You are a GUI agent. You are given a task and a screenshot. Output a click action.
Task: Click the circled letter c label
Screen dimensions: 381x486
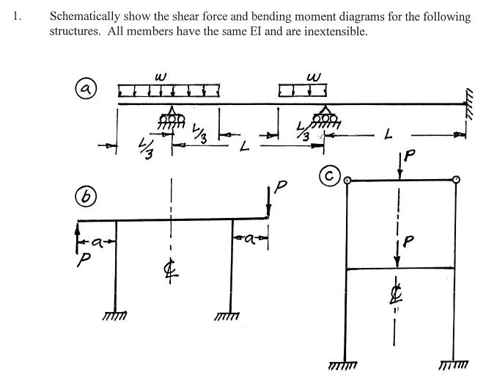tap(330, 176)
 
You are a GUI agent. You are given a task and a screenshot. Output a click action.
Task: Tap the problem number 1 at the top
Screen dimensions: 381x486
tap(16, 17)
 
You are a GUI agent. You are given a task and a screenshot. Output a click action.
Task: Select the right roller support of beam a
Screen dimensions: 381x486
tap(325, 117)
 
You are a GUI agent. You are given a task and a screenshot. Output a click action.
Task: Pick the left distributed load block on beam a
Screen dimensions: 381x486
tap(169, 90)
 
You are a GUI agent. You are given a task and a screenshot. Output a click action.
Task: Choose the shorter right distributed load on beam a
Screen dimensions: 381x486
tap(302, 90)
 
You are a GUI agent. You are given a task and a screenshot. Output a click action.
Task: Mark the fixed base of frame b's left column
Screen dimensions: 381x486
tap(117, 315)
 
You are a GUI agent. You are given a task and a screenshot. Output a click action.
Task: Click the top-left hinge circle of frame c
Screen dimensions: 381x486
tap(348, 179)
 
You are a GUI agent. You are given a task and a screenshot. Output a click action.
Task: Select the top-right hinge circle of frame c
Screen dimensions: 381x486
tap(456, 179)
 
